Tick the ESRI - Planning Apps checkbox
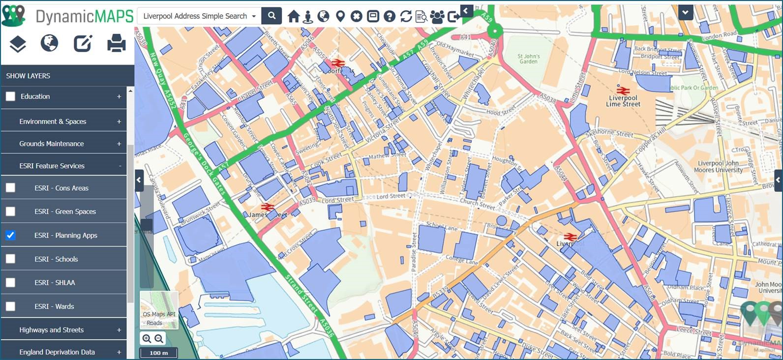(10, 235)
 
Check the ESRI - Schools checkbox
(10, 259)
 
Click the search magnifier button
(271, 16)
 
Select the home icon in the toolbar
(294, 16)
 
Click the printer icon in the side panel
(117, 43)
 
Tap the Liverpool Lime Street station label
(623, 101)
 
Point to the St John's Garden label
(529, 59)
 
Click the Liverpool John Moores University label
(718, 167)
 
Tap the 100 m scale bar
(159, 353)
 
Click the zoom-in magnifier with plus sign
(147, 338)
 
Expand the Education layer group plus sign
(119, 96)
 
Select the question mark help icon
(390, 16)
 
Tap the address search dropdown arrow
(254, 16)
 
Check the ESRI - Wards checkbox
(10, 306)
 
